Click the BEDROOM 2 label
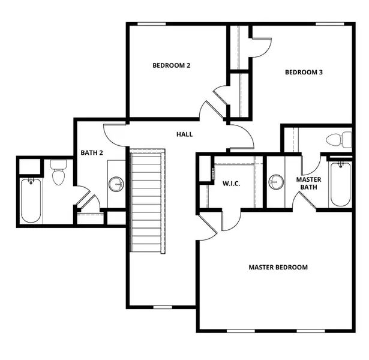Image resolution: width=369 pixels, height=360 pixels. click(x=171, y=65)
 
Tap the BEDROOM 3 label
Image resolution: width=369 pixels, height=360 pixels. click(x=304, y=73)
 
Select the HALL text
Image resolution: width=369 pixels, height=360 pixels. click(x=184, y=134)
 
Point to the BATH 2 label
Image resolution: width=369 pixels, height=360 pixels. click(x=92, y=153)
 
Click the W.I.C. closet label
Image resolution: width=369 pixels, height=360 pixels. click(x=231, y=183)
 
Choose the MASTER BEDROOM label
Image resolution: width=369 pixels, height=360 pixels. click(x=278, y=267)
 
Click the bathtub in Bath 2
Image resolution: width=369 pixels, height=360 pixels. click(x=30, y=199)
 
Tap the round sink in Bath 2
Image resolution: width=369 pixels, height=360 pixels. click(x=116, y=184)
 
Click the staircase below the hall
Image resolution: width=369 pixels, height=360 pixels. click(x=146, y=202)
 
